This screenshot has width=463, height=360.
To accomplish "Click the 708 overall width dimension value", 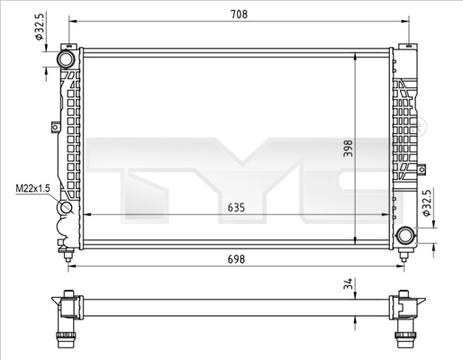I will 238,15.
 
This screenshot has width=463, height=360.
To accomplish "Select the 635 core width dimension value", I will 235,207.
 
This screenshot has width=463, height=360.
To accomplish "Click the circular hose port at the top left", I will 67,58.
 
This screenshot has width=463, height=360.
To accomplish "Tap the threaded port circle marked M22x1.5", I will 67,211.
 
